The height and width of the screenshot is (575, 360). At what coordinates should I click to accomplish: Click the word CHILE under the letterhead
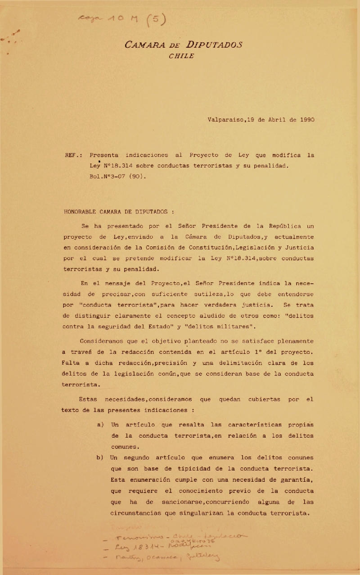(181, 56)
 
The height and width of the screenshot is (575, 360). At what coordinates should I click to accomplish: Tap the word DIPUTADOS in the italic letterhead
(215, 45)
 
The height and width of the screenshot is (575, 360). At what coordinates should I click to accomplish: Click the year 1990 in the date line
(306, 120)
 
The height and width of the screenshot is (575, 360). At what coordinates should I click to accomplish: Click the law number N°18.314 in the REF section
(120, 166)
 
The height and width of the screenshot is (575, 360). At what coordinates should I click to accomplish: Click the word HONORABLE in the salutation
(81, 211)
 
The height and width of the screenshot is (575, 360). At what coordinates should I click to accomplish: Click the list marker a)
(100, 425)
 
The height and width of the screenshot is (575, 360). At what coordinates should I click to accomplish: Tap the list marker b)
(100, 458)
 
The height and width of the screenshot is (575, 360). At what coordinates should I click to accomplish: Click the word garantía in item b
(296, 480)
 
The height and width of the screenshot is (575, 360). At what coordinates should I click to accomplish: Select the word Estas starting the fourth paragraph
(88, 399)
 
